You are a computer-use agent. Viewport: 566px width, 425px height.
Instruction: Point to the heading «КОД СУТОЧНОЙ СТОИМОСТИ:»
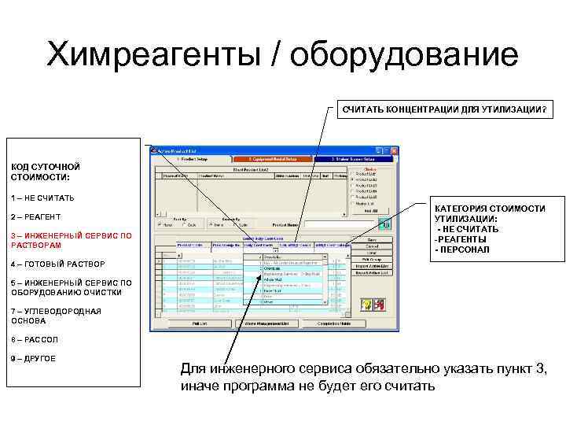(x=46, y=172)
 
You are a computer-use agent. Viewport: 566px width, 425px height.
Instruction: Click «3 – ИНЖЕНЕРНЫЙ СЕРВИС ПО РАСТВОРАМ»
(x=71, y=239)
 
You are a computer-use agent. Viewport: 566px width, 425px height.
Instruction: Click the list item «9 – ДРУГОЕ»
(x=34, y=359)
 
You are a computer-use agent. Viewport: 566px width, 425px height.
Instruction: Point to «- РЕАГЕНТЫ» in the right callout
(x=462, y=239)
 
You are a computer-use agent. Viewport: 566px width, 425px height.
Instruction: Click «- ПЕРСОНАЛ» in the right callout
(x=462, y=249)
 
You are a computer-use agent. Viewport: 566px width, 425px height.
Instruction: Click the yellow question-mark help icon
(x=366, y=304)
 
